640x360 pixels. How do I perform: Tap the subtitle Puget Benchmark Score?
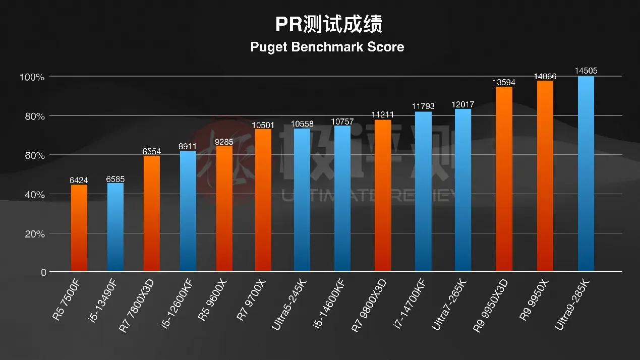coord(327,47)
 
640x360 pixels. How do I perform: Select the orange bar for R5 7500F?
coord(79,228)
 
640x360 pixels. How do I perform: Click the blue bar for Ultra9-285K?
coord(586,174)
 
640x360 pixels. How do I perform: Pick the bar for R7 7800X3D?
coord(151,213)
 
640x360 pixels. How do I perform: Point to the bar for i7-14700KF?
coord(423,192)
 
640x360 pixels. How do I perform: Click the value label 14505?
coord(586,71)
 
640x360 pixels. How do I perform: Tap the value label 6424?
coord(79,180)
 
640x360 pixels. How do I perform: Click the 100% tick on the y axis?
coord(32,77)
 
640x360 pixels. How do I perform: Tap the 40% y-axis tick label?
coord(33,195)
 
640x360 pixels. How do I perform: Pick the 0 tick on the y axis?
coord(43,273)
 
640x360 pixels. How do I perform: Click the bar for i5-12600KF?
coord(188,211)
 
